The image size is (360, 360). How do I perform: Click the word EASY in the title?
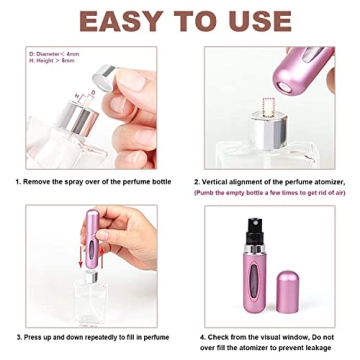pyautogui.click(x=116, y=22)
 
